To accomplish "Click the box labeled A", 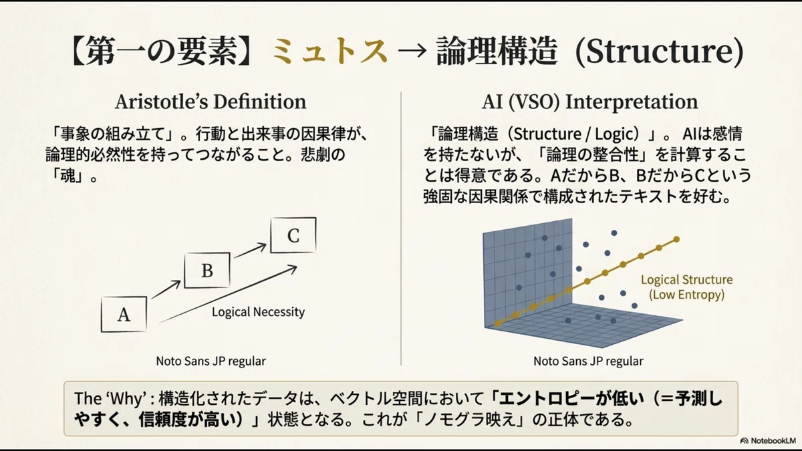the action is click(x=124, y=314).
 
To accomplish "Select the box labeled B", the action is click(x=207, y=270).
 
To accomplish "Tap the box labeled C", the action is click(x=293, y=235).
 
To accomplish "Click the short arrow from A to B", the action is click(x=166, y=289).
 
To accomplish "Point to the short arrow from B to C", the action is click(x=250, y=250).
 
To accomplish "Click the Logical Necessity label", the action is click(x=258, y=312).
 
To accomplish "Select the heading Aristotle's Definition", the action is click(x=211, y=102).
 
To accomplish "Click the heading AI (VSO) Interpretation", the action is click(x=589, y=102).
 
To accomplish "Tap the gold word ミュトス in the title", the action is click(x=329, y=51).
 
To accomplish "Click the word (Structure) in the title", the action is click(x=659, y=52).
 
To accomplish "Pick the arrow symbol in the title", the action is click(x=412, y=51).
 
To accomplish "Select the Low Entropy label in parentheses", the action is click(x=687, y=295).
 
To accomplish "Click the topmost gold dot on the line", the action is click(x=676, y=239).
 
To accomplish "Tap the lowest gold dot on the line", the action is click(x=498, y=323).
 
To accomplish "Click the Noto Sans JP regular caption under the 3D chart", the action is click(x=588, y=361).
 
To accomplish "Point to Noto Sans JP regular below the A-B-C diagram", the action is click(x=211, y=361).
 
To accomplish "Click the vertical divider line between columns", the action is click(x=401, y=229).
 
